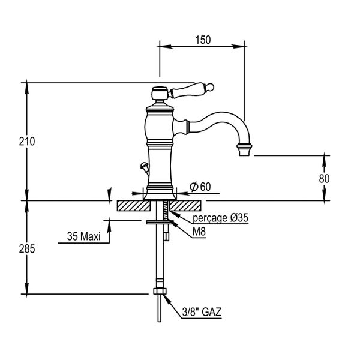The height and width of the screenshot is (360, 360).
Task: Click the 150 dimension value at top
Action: (203, 40)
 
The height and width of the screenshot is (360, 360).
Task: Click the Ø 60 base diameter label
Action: (200, 187)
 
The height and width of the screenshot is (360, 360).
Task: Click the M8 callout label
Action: (198, 231)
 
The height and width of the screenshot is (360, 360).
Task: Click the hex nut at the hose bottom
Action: (159, 293)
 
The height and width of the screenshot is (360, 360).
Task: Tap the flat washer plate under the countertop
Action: (160, 222)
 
